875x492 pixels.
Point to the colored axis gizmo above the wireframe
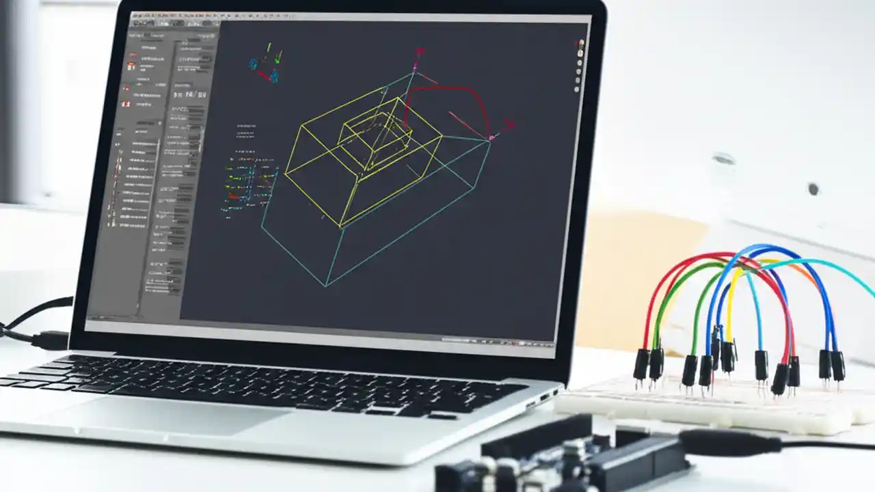[x=266, y=64]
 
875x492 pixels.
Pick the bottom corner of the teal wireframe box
[x=327, y=286]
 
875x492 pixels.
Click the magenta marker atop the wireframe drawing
[x=415, y=66]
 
